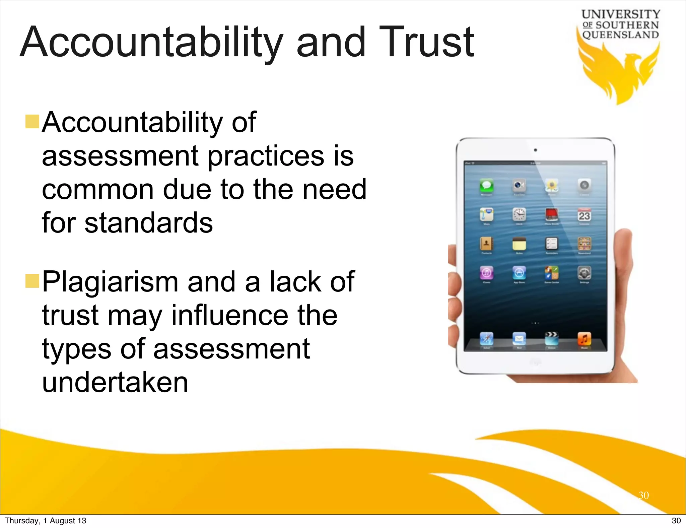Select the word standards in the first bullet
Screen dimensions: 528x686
(148, 223)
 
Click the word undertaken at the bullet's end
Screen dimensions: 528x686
(115, 382)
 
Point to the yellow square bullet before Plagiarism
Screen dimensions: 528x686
(32, 281)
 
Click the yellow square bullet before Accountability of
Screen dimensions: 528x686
(32, 121)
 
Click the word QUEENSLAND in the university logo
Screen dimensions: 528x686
(621, 35)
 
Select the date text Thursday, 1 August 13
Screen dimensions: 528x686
(46, 521)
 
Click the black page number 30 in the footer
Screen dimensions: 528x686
(676, 521)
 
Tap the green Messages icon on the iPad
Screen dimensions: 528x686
(486, 185)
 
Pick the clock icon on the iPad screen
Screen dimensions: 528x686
(519, 214)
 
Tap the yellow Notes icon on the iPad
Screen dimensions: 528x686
(519, 244)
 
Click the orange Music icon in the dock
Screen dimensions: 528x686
(584, 339)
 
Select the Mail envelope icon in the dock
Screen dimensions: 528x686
(519, 339)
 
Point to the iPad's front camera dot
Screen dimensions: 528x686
(535, 150)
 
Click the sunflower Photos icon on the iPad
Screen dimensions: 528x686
(551, 185)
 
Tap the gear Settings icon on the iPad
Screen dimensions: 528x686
(584, 273)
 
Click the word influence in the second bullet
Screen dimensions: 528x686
(229, 316)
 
